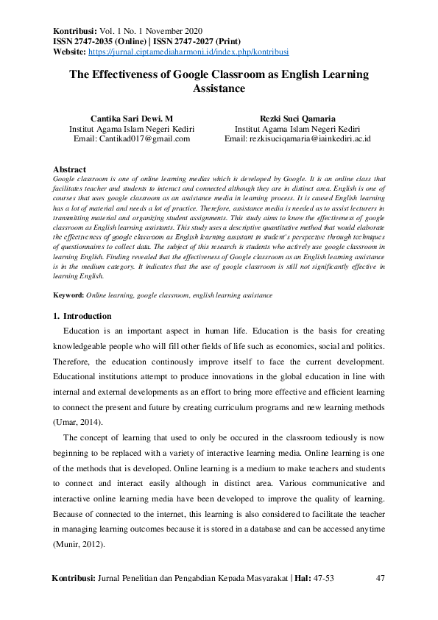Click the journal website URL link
coord(188,52)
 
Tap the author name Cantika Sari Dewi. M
coord(131,117)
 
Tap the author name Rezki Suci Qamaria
coord(297,117)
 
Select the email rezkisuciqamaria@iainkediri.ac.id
coord(297,138)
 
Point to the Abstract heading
coord(70,169)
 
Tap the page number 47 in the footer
coord(381,578)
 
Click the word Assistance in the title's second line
coord(219,88)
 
